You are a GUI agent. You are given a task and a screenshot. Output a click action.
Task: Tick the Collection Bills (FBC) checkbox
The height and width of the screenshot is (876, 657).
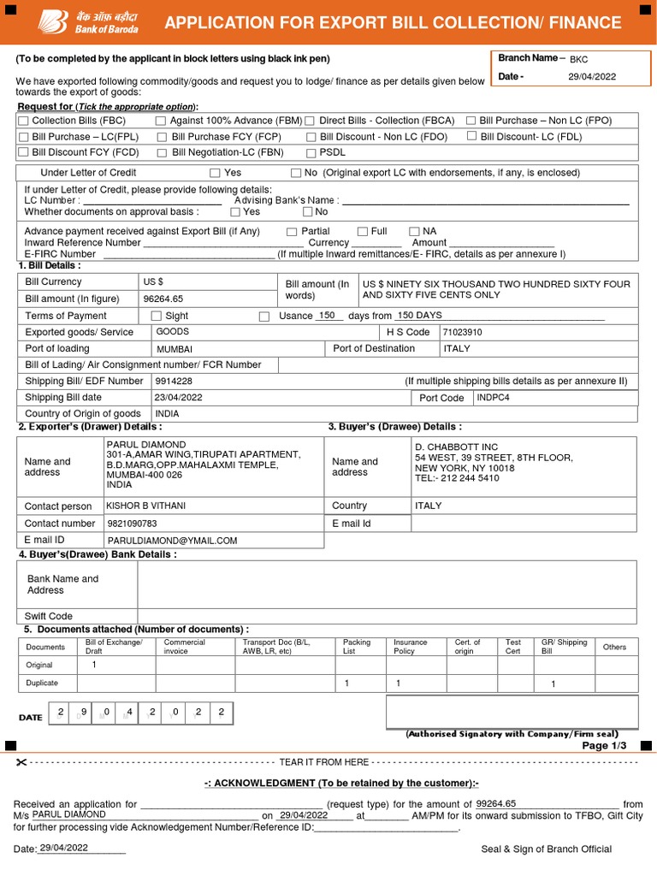tap(23, 121)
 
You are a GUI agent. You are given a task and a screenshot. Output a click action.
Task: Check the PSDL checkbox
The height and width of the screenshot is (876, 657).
tap(311, 153)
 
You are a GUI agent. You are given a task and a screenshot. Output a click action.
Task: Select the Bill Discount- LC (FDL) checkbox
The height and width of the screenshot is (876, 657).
tap(472, 136)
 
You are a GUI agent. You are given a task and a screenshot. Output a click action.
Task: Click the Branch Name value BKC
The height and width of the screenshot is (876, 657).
tap(578, 59)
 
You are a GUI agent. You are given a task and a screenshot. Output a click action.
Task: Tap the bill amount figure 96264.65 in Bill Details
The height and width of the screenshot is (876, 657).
tap(163, 299)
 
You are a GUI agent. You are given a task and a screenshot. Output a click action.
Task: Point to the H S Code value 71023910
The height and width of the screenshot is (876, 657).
tap(462, 332)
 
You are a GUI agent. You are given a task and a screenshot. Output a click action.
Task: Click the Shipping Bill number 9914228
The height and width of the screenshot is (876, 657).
tap(174, 381)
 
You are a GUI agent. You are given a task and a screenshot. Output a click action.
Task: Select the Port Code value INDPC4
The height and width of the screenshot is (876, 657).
tap(494, 398)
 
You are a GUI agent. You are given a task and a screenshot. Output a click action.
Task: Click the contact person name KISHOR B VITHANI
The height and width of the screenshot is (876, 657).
tap(145, 506)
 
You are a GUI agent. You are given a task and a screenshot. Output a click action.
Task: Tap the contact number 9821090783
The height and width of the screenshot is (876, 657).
tap(132, 523)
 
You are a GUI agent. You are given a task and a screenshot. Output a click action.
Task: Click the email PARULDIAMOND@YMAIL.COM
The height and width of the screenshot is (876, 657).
tap(172, 541)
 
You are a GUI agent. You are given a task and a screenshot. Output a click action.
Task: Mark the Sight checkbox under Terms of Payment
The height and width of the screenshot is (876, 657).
tap(157, 317)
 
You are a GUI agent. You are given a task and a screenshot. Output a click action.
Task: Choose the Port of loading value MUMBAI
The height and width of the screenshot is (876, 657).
tap(174, 350)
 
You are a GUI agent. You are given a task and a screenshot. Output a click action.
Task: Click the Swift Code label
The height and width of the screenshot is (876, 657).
tap(49, 616)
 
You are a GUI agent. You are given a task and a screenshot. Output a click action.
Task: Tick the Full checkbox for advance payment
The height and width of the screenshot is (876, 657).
tap(363, 232)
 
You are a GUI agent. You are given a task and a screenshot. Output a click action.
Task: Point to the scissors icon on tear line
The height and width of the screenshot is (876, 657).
tap(21, 762)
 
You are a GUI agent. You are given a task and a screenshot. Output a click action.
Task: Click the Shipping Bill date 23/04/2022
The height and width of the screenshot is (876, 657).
tap(178, 397)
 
